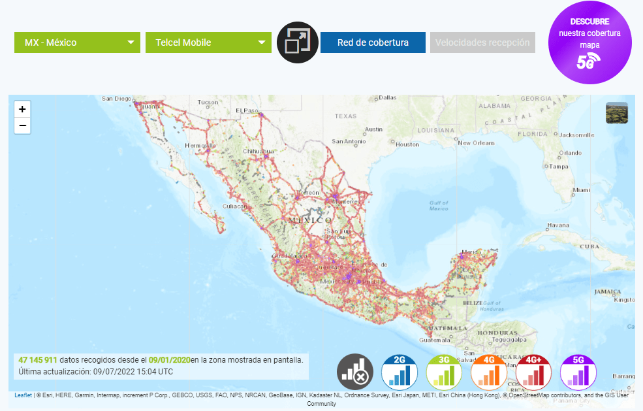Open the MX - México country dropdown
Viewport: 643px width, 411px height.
[77, 42]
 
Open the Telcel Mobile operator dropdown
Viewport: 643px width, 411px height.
[208, 42]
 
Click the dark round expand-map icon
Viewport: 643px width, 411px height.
[298, 42]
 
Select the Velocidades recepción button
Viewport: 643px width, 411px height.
[482, 42]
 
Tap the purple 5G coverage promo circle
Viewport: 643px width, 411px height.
[589, 43]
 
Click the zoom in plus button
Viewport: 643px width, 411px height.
[22, 109]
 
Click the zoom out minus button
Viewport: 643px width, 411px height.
[22, 125]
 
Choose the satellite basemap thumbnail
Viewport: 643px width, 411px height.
[616, 112]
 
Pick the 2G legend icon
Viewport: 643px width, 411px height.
[400, 372]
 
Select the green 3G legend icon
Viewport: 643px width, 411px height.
[444, 372]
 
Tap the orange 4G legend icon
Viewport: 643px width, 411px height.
[489, 372]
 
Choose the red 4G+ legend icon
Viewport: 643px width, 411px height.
[534, 372]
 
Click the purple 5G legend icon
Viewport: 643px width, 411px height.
[578, 372]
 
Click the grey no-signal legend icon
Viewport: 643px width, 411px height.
[355, 372]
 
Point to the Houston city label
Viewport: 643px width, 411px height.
[407, 144]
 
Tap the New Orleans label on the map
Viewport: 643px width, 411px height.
[476, 142]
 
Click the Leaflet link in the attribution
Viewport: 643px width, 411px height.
[23, 395]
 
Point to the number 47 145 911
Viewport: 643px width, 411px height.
[38, 360]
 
